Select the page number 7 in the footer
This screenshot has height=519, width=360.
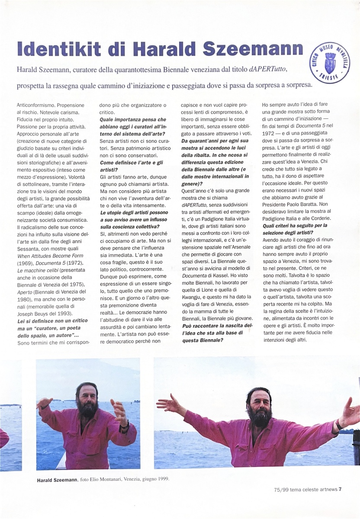[341, 490]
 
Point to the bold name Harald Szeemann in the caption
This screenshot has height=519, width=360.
[57, 480]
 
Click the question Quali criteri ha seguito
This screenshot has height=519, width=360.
[295, 226]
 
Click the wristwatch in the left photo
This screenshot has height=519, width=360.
[125, 426]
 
